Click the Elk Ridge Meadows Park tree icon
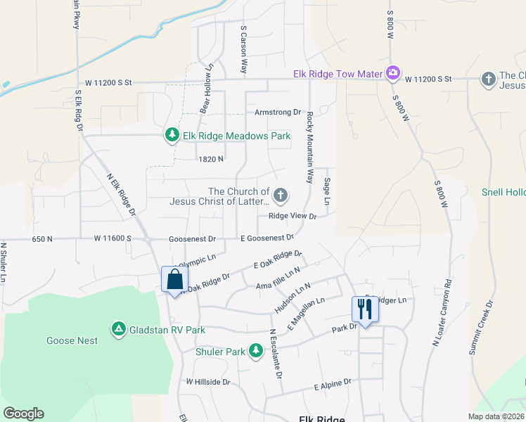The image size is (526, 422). [172, 134]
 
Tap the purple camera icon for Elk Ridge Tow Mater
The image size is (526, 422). [392, 73]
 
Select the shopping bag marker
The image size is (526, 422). [174, 279]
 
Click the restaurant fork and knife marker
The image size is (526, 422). [364, 308]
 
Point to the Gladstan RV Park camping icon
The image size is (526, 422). [119, 328]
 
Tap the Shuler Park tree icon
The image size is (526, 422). [257, 350]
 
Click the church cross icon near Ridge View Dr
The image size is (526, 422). [281, 194]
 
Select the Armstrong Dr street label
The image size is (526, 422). [277, 113]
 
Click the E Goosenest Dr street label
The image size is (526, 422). [267, 238]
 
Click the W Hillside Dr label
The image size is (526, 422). [208, 382]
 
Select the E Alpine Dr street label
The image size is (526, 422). [333, 385]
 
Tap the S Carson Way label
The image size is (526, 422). [244, 50]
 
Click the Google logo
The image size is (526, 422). [23, 414]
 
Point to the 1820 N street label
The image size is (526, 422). [210, 159]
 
